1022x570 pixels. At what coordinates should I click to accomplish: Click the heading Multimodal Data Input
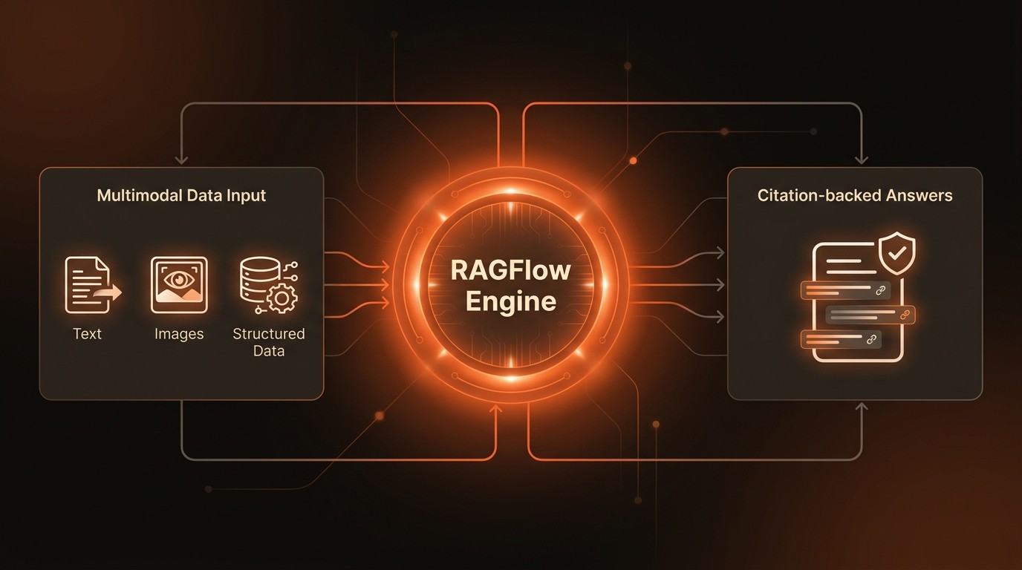[x=181, y=196]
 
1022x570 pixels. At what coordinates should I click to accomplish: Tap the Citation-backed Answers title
[x=855, y=196]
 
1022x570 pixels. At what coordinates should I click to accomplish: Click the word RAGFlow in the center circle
[x=511, y=270]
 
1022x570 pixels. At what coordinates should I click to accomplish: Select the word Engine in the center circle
[x=511, y=302]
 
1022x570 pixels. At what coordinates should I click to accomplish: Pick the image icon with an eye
[x=179, y=284]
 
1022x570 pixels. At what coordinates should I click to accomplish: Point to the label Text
[x=87, y=334]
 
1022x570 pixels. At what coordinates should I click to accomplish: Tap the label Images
[x=179, y=334]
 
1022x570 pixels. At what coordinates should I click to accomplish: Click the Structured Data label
[x=268, y=342]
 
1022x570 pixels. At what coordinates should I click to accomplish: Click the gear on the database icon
[x=281, y=298]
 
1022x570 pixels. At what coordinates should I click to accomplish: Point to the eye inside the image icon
[x=179, y=279]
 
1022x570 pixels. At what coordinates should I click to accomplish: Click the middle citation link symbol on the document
[x=905, y=315]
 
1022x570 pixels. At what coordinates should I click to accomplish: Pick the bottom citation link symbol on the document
[x=871, y=340]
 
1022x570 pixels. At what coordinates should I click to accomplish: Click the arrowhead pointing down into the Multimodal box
[x=181, y=160]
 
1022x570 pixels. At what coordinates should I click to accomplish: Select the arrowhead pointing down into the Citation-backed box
[x=862, y=160]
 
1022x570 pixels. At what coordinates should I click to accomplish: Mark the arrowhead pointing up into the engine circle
[x=496, y=407]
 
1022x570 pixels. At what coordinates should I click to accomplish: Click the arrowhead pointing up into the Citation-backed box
[x=862, y=407]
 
